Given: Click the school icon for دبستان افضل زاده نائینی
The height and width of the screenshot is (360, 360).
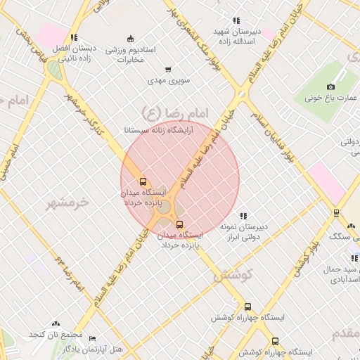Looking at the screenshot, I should coord(73,37).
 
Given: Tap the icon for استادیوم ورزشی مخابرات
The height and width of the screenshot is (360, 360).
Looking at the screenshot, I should coord(129,39).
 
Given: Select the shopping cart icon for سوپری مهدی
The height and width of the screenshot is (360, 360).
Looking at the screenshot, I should coord(167,70).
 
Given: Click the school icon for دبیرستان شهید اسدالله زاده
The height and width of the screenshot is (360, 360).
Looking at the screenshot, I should coord(236,20).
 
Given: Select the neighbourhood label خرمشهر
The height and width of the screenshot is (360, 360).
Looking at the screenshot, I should coord(69,202).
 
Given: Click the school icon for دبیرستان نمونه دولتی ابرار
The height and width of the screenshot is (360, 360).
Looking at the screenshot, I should coord(243,216).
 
